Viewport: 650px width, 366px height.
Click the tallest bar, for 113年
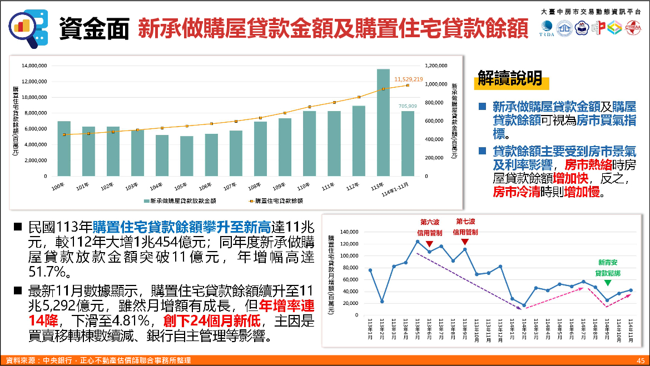(x=383, y=122)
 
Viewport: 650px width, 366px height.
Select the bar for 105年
(x=187, y=156)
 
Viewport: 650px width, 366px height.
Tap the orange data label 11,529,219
(x=409, y=79)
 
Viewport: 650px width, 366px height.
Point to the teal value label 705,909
(x=408, y=106)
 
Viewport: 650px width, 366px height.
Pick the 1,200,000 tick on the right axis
(x=435, y=66)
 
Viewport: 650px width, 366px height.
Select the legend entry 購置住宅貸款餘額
(x=279, y=200)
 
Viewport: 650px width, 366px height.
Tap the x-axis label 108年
(x=254, y=186)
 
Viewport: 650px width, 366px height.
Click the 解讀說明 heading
(x=510, y=79)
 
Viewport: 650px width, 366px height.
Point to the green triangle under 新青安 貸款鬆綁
(x=607, y=283)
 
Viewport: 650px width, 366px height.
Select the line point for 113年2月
(x=382, y=302)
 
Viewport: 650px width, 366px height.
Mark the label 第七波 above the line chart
(x=465, y=222)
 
